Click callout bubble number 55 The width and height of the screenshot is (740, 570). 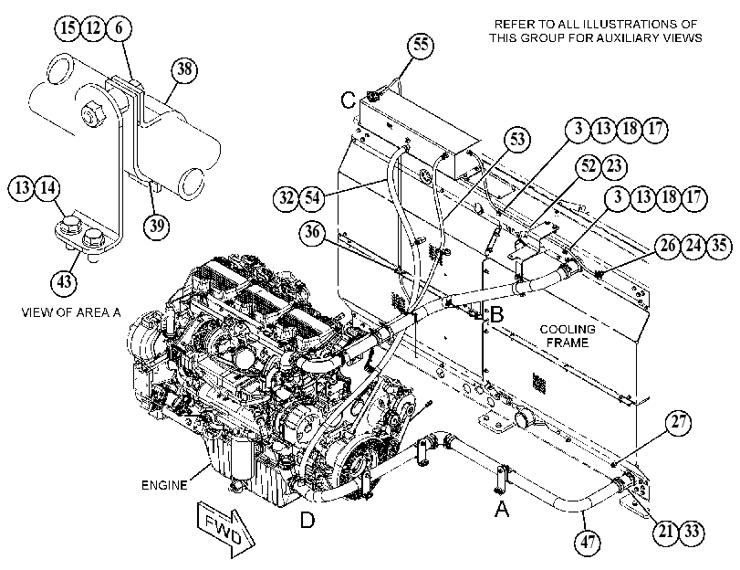click(421, 45)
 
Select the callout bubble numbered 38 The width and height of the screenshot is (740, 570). click(184, 69)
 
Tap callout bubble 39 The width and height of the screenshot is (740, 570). click(157, 226)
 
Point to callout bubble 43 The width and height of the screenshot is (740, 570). click(64, 282)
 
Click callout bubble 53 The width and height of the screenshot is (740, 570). click(517, 139)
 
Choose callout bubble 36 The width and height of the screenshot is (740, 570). click(312, 232)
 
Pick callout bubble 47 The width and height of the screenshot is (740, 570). click(588, 542)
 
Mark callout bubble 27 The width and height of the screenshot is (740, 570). click(678, 421)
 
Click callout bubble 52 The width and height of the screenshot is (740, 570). click(589, 166)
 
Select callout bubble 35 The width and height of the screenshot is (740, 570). click(719, 246)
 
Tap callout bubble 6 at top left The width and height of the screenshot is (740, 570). click(119, 28)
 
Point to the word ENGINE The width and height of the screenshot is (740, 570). click(164, 485)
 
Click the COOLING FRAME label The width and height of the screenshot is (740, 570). click(568, 335)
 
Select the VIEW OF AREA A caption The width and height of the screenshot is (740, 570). click(71, 312)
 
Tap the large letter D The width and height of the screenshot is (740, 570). click(307, 520)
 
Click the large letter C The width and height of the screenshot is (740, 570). click(349, 100)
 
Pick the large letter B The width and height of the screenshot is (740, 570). click(497, 315)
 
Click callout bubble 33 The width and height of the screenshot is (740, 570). click(692, 532)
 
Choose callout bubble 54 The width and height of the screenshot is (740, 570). click(312, 197)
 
